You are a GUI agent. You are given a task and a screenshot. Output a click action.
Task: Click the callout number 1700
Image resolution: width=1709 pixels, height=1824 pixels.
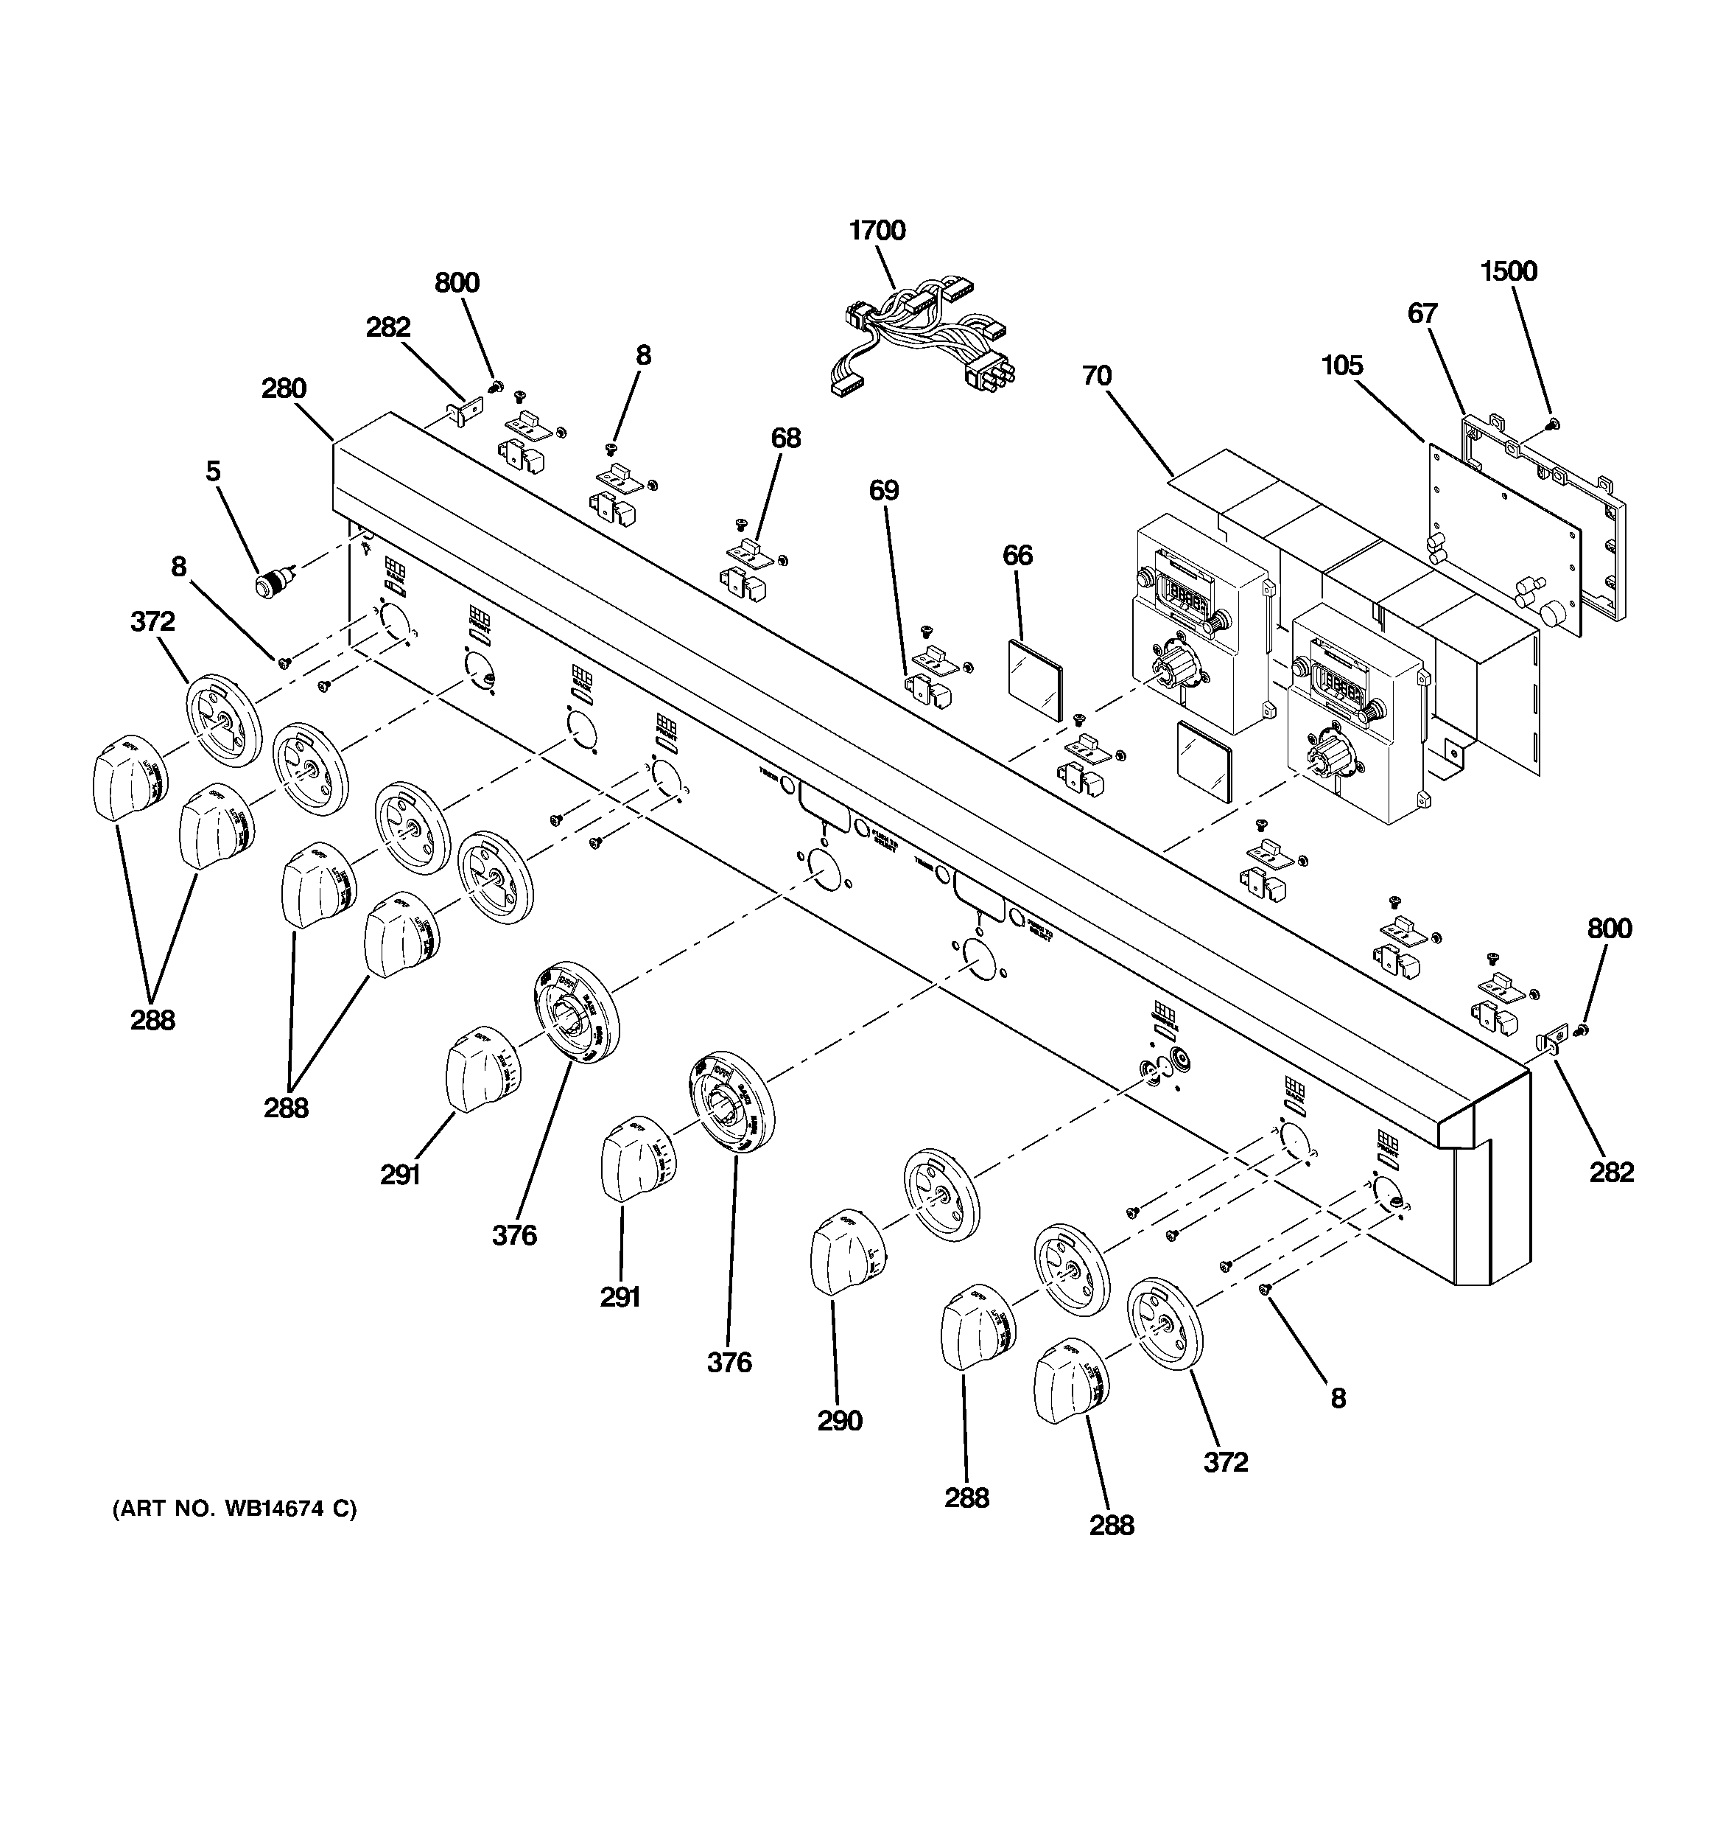pos(877,230)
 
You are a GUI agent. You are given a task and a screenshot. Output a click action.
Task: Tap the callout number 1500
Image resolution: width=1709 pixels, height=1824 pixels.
pos(1508,272)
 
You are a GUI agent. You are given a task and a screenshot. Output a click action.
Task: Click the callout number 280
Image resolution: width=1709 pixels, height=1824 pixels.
pos(284,389)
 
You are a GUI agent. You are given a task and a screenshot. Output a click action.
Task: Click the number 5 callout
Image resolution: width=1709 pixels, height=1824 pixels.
pos(213,472)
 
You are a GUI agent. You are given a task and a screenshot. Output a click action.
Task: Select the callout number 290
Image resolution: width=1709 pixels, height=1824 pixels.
pos(839,1420)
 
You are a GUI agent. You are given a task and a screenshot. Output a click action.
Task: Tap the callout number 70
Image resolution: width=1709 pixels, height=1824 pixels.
pos(1096,376)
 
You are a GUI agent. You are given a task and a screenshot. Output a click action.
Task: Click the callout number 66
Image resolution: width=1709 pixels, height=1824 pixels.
pos(1017,555)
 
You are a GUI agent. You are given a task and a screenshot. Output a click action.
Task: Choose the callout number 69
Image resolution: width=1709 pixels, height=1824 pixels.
pos(883,491)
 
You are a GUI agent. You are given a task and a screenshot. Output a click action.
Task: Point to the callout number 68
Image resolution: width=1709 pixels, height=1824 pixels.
pos(785,438)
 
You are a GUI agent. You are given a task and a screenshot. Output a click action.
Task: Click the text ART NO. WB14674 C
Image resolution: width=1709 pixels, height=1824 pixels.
pos(234,1509)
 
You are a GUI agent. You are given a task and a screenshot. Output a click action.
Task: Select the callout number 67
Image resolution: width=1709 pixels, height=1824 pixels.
pos(1422,314)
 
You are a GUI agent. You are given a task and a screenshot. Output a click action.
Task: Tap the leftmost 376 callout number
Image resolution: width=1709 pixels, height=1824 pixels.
pos(513,1236)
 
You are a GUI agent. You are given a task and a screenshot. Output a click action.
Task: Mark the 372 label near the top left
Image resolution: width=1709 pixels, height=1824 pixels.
pos(152,622)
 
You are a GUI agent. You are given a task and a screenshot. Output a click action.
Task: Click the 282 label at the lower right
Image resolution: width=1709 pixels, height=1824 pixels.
pos(1611,1173)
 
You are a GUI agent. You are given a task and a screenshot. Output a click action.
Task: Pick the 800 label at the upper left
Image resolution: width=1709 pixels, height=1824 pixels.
pos(457,282)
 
